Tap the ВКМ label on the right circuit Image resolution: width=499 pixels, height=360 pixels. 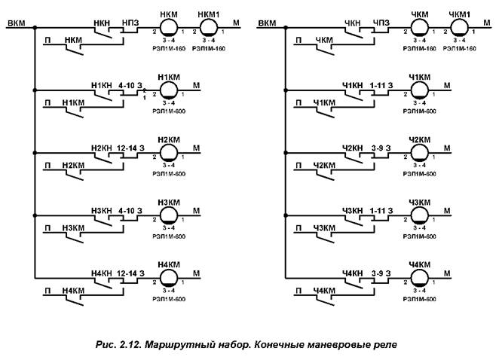(266, 24)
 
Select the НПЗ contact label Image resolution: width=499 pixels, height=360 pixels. (130, 23)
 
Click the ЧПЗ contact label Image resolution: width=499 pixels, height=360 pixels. (381, 23)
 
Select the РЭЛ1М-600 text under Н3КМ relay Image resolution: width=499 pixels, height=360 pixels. (169, 236)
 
